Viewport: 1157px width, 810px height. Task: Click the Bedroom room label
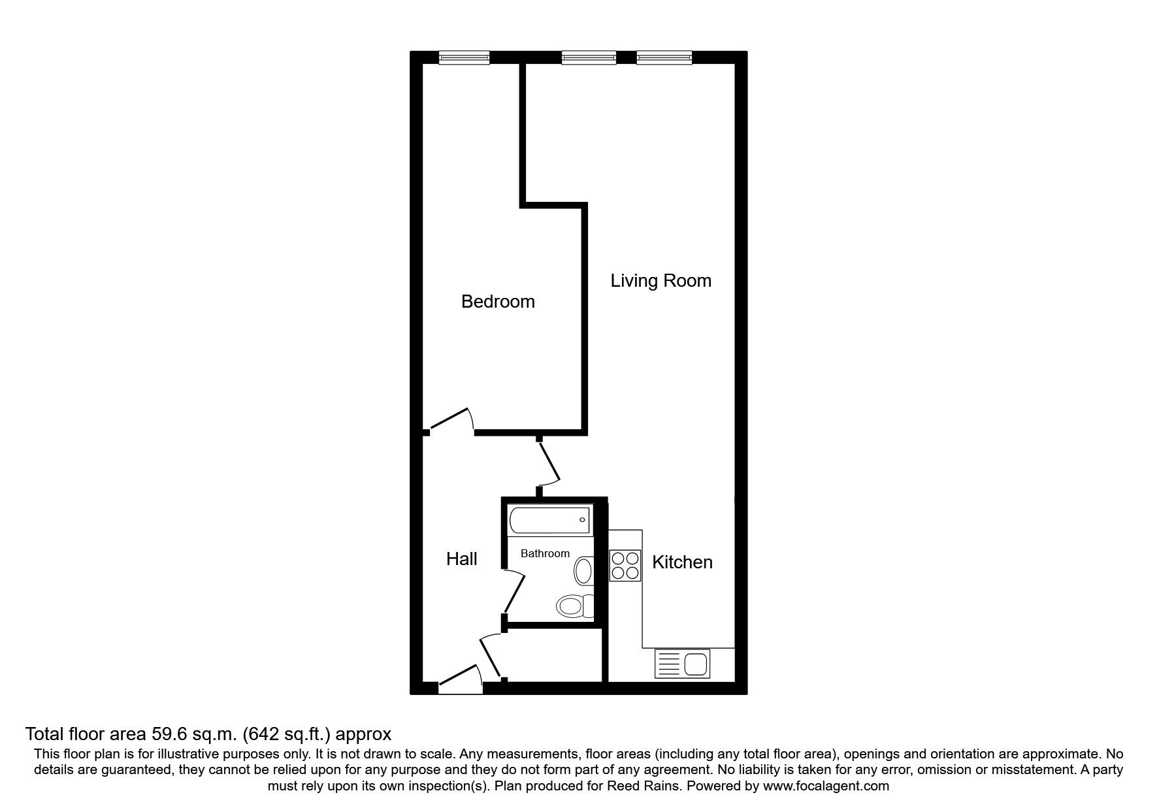coord(498,302)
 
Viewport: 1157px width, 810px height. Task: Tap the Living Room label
coord(660,281)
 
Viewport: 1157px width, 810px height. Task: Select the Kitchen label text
coord(682,562)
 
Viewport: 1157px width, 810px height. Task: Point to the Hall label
coord(461,559)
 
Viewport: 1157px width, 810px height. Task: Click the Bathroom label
coord(545,554)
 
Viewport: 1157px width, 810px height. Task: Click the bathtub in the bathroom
coord(549,520)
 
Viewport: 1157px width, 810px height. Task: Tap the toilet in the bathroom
coord(574,606)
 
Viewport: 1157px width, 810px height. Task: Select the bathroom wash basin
coord(583,571)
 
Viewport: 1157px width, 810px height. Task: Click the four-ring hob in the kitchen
coord(625,566)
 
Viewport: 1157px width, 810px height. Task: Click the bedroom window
coord(464,58)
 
